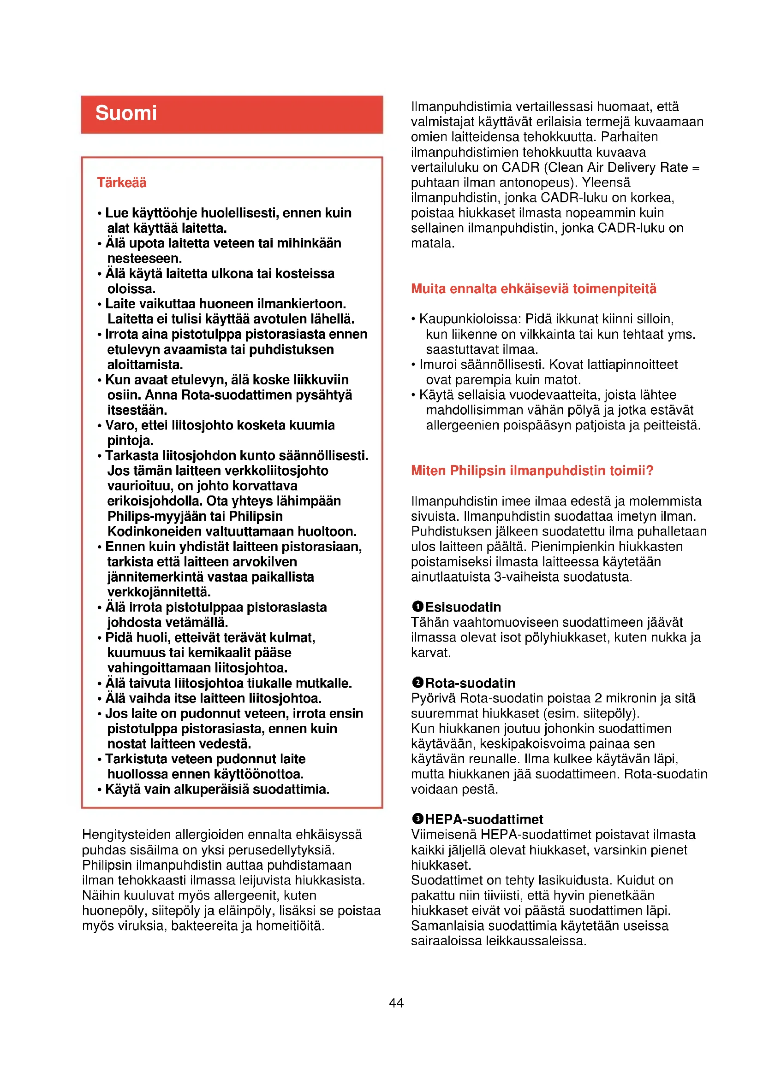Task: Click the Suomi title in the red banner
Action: click(126, 113)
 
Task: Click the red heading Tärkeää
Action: click(122, 182)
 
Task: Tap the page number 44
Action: click(396, 1002)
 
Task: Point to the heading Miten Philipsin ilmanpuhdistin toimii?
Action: click(532, 470)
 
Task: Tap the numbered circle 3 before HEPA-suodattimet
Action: click(417, 819)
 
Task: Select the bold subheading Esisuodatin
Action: click(463, 607)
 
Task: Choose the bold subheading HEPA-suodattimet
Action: click(484, 819)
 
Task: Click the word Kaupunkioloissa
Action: click(470, 319)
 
